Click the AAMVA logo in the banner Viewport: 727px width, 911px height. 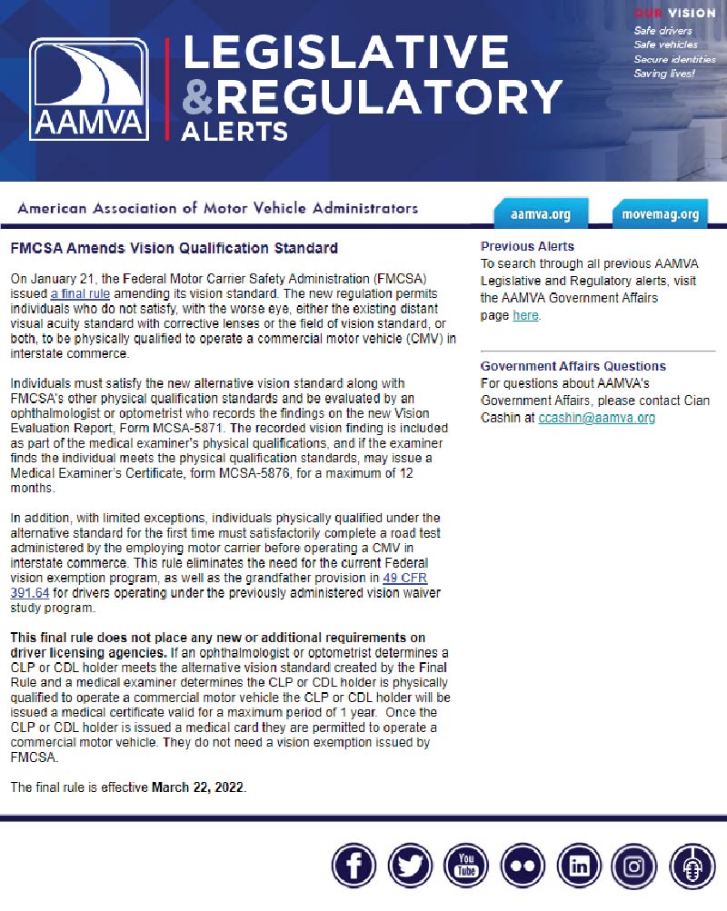click(88, 89)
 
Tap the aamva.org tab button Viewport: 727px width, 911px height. click(541, 214)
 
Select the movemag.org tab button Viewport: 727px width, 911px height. click(661, 214)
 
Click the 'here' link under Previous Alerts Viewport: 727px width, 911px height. click(525, 315)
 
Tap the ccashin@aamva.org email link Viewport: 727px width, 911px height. click(596, 418)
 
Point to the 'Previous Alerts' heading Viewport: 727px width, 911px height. click(527, 246)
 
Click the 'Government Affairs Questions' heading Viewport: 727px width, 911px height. click(573, 366)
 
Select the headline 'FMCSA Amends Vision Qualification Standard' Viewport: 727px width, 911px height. click(174, 248)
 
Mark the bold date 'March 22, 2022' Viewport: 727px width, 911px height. click(198, 787)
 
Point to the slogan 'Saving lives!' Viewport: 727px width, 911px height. click(664, 74)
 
